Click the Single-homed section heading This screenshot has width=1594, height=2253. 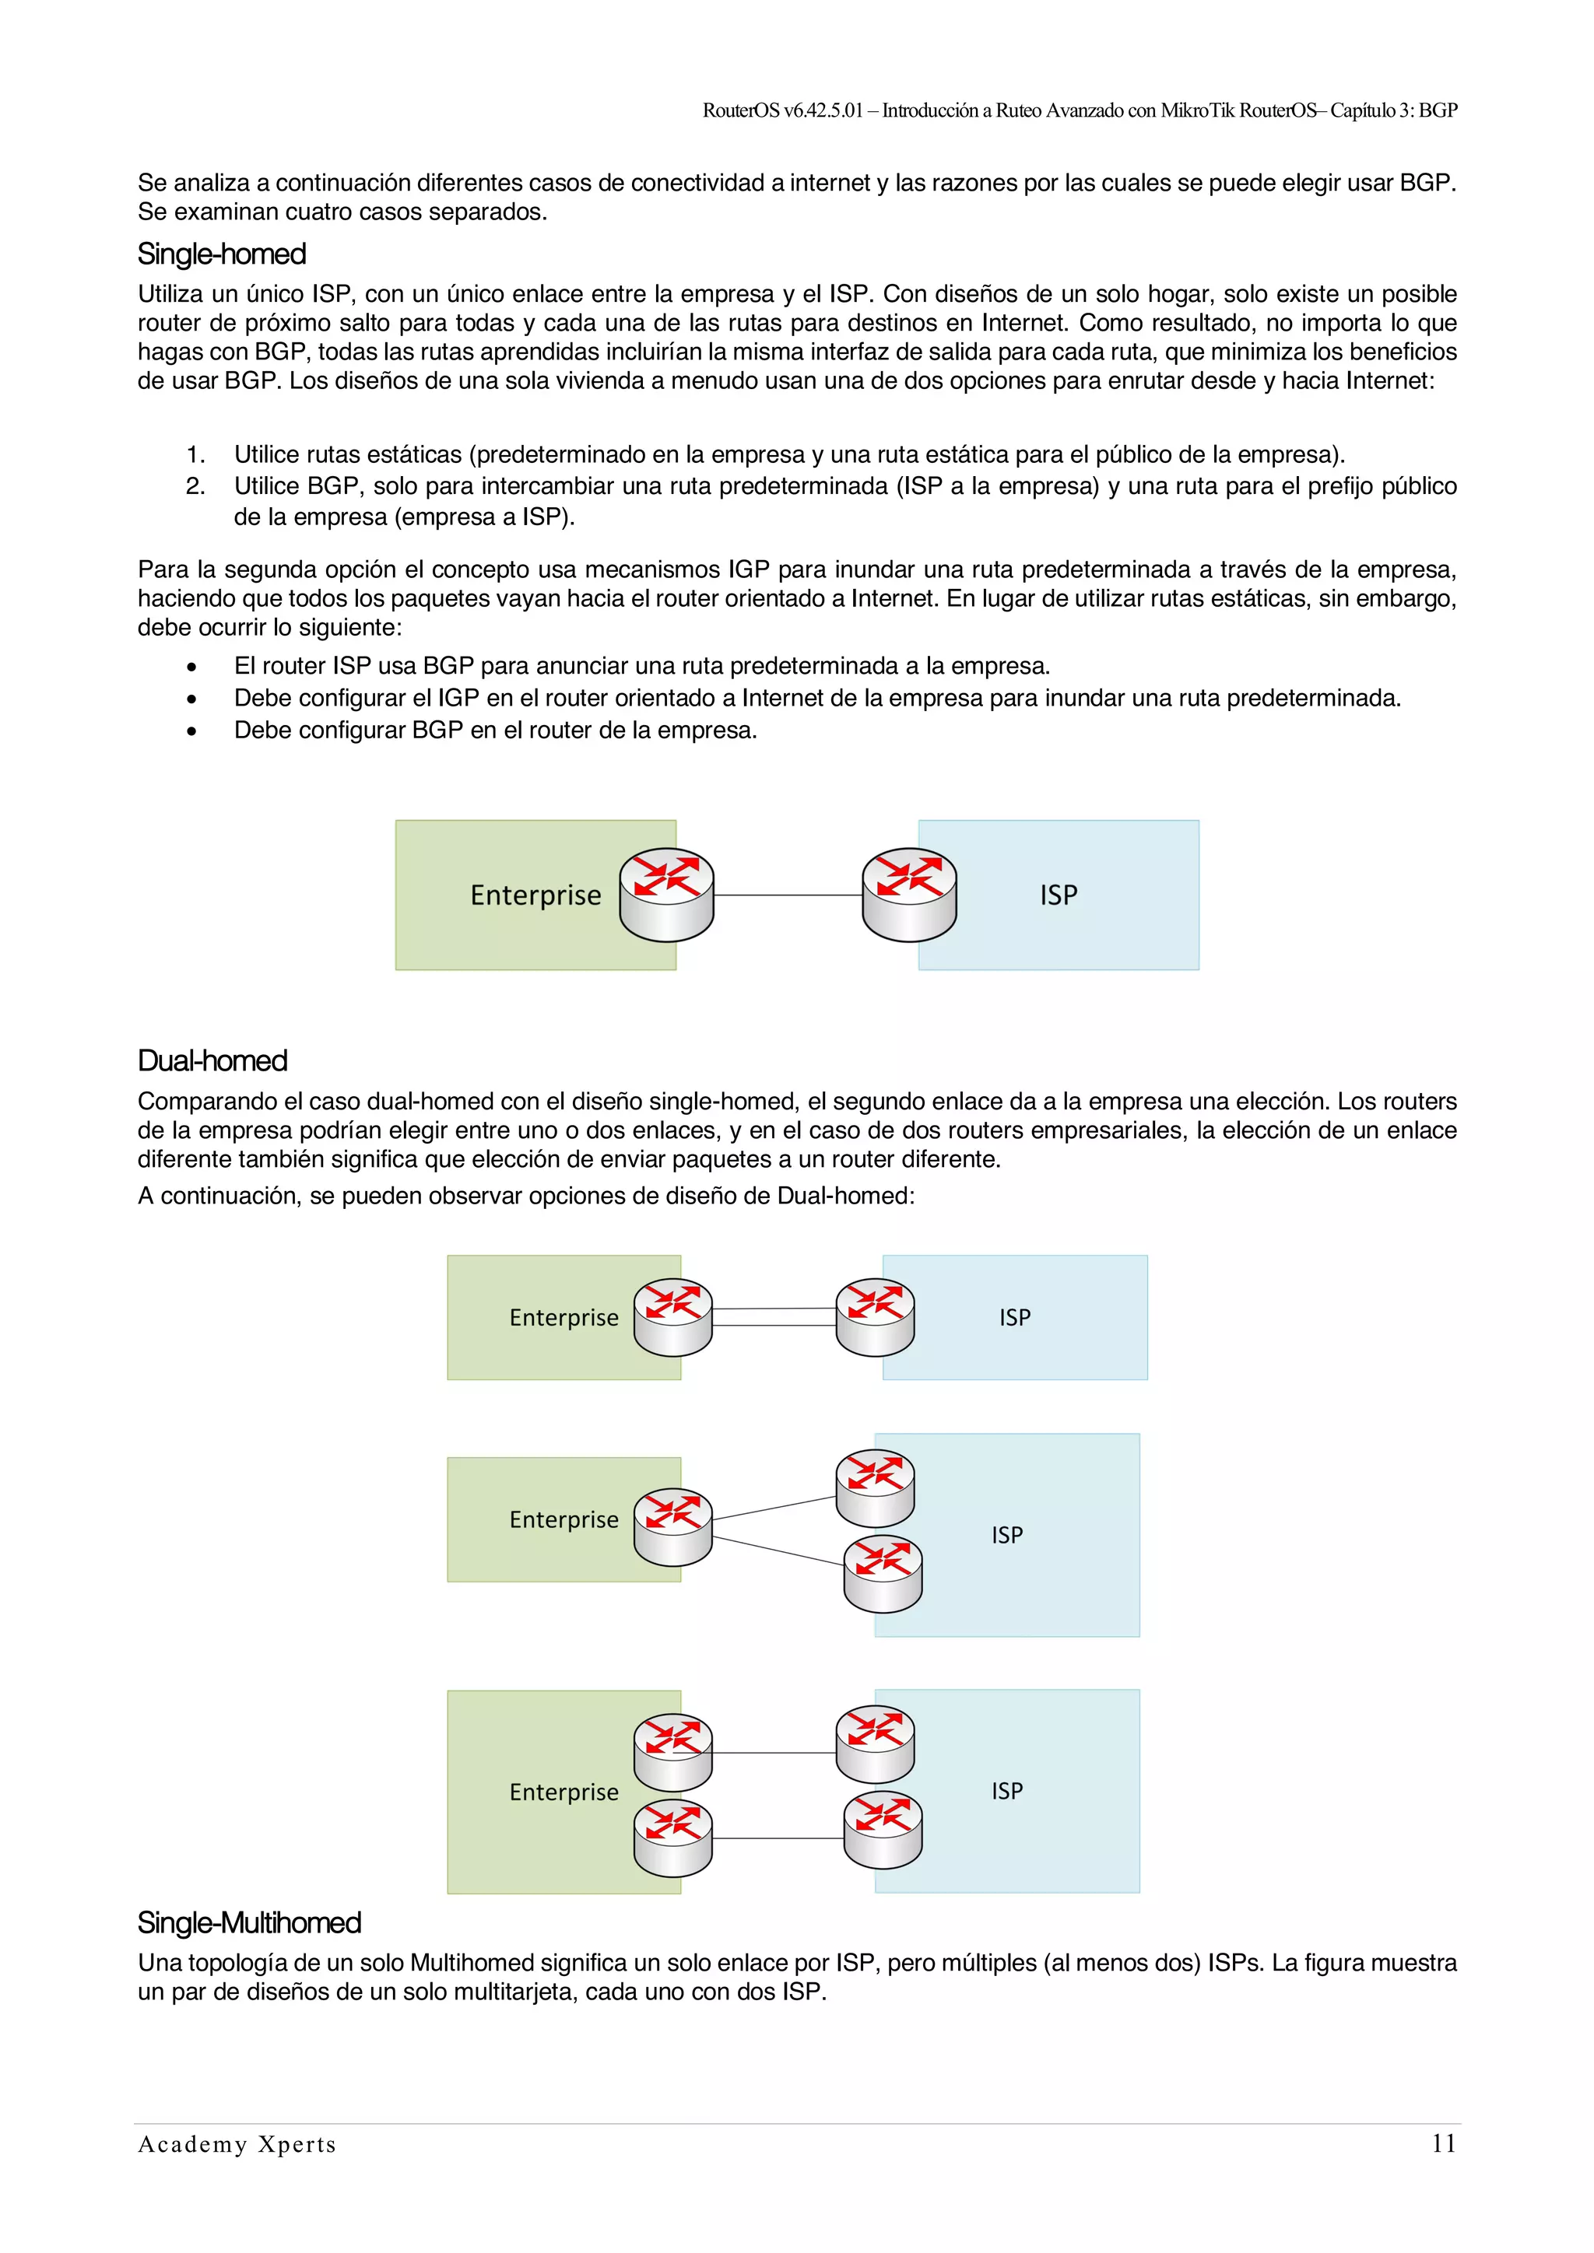222,254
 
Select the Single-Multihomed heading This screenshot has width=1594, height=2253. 249,1922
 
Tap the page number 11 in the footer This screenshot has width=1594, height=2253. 1443,2143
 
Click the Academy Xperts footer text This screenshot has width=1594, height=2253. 237,2144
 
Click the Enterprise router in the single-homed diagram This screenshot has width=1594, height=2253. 666,895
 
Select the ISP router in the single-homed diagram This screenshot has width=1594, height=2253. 909,895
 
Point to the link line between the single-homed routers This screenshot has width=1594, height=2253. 787,895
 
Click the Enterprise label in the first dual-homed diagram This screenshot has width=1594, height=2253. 564,1318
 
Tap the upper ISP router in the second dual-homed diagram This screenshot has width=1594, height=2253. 875,1488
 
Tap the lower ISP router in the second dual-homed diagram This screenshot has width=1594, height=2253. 883,1574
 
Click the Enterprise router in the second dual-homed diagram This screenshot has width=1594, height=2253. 672,1528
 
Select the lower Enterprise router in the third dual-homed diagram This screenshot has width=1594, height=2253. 672,1838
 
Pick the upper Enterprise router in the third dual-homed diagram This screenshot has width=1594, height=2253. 672,1753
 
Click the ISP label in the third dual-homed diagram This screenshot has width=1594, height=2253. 1007,1791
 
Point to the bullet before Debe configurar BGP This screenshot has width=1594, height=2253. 191,731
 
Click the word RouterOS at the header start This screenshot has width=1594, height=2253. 741,110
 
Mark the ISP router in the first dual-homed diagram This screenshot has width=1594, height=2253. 875,1317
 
